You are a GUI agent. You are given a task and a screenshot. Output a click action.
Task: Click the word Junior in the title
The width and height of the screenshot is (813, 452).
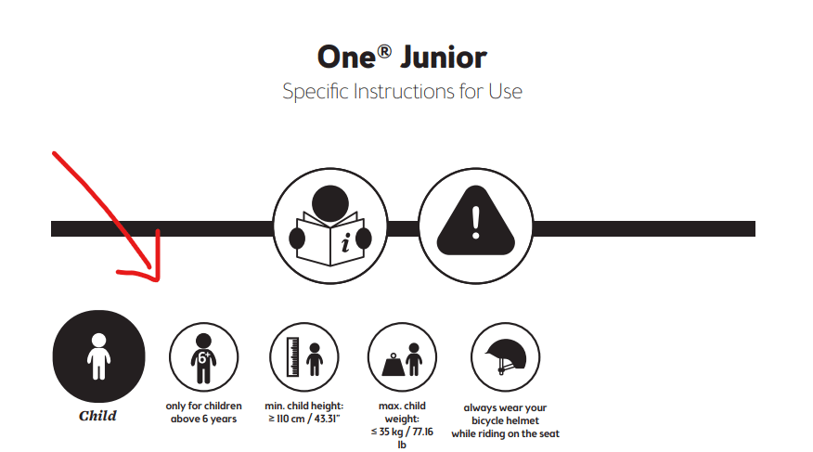[444, 57]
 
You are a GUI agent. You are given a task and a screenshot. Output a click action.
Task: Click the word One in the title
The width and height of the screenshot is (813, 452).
[346, 57]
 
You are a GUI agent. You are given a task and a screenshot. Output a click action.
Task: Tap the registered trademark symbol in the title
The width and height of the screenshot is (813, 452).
[384, 51]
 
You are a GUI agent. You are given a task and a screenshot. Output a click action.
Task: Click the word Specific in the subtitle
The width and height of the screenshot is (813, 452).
[316, 92]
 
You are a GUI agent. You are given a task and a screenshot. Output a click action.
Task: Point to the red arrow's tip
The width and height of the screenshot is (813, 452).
[158, 280]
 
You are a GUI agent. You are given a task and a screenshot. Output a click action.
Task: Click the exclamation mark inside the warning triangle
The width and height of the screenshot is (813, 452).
[475, 221]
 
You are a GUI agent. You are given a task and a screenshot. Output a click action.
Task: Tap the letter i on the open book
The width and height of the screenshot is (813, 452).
[346, 242]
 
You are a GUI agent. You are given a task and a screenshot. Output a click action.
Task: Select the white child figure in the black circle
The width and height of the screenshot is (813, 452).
[98, 356]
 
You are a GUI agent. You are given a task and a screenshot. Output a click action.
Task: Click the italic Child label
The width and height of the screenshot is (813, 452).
[97, 416]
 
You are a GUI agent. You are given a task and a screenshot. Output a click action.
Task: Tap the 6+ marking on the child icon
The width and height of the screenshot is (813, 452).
[204, 357]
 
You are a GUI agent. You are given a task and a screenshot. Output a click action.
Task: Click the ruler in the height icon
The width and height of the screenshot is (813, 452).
[293, 356]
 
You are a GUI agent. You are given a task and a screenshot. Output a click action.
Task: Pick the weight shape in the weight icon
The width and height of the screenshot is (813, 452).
[394, 365]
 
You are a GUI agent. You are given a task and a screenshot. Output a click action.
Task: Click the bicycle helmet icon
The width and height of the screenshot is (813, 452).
[506, 356]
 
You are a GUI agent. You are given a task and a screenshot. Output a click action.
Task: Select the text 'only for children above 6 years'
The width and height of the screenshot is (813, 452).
[204, 412]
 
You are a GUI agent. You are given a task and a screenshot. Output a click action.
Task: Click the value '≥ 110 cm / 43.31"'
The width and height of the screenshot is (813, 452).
[304, 419]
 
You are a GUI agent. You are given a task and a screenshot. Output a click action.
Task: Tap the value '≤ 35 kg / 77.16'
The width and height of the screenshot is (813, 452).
[402, 432]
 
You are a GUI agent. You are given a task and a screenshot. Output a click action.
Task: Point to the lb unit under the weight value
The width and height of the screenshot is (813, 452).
[402, 445]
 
